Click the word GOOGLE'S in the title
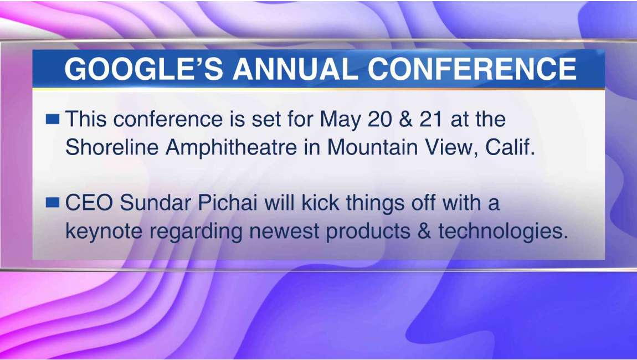pos(144,68)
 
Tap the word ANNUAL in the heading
pos(295,68)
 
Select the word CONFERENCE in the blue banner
pos(472,68)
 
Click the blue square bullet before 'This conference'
pos(53,119)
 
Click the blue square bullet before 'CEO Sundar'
pos(53,202)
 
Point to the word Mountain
pos(373,147)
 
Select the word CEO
pos(89,203)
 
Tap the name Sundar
pos(155,203)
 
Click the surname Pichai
pos(228,203)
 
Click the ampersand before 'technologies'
pos(425,231)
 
